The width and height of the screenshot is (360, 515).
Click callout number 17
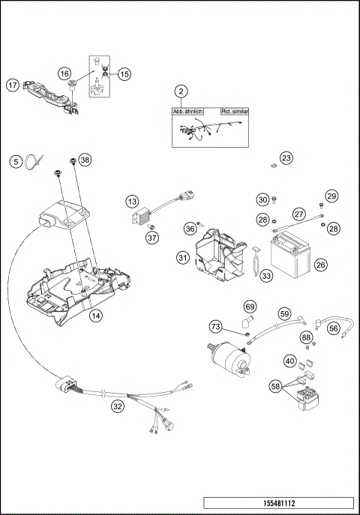[x=13, y=85]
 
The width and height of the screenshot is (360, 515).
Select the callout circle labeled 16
[x=65, y=73]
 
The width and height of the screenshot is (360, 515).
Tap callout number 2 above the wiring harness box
[x=180, y=91]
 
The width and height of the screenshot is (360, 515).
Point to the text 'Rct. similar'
[x=235, y=110]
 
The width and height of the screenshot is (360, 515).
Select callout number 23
[x=286, y=158]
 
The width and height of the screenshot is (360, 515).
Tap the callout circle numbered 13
[x=132, y=202]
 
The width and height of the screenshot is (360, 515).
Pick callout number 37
[x=152, y=238]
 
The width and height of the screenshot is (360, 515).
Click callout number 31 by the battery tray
[x=183, y=258]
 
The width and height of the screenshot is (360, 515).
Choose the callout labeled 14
[x=95, y=316]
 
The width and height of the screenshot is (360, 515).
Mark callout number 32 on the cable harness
[x=116, y=406]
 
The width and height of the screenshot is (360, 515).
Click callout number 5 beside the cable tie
[x=15, y=160]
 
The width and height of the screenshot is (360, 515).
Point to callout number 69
[x=250, y=307]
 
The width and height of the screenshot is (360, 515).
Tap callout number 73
[x=215, y=327]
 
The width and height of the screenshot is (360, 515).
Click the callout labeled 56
[x=334, y=327]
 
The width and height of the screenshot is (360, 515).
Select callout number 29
[x=331, y=196]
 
